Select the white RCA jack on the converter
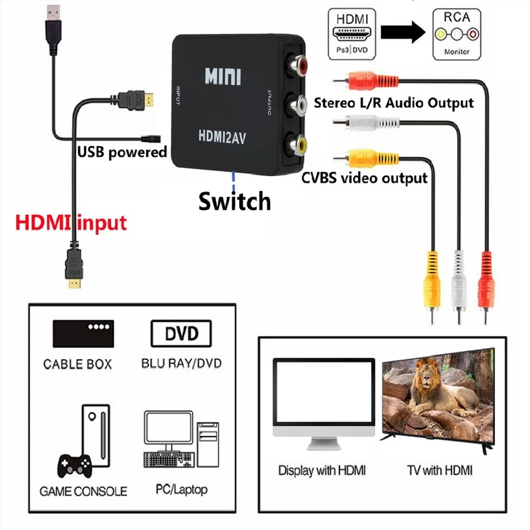coord(295,104)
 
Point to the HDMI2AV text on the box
coord(222,135)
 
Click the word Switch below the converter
coord(234,201)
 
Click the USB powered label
coord(122,152)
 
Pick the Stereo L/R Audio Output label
coord(394,103)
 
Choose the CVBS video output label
coord(364,178)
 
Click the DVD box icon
coord(182,334)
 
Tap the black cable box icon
coord(83,334)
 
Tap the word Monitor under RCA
coord(457,51)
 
